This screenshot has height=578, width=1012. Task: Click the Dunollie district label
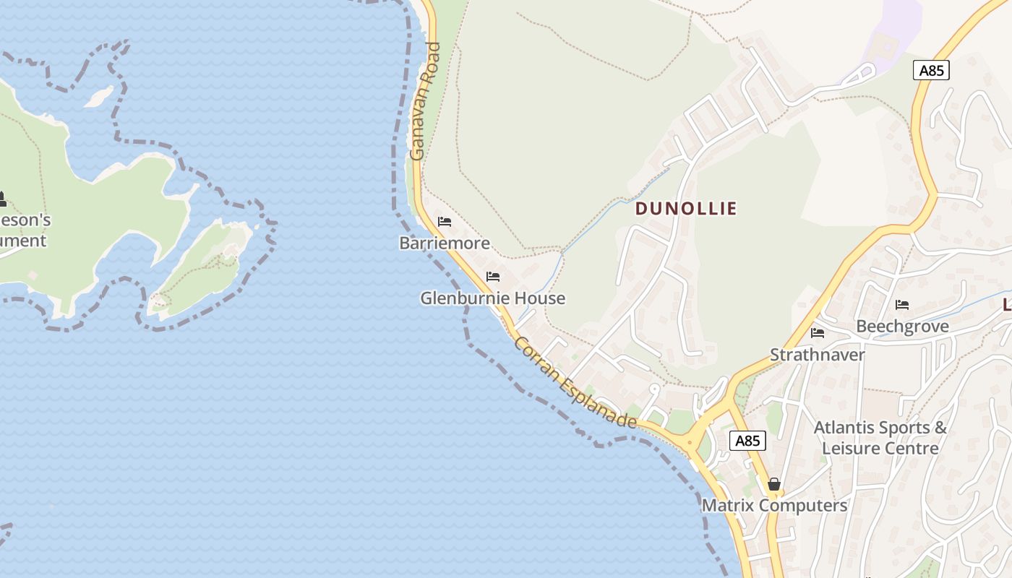pos(686,209)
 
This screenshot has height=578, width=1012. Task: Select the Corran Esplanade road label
pos(575,382)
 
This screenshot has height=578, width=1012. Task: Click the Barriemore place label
pos(445,243)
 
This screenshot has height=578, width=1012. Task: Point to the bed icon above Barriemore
pos(445,222)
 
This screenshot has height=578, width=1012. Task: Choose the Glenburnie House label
pos(493,298)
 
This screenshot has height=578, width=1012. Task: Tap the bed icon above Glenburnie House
pos(493,277)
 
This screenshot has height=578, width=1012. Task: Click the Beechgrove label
pos(902,326)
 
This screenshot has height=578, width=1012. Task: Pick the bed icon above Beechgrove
pos(902,305)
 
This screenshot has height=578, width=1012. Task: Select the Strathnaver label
pos(818,355)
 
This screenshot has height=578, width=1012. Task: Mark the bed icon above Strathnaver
pos(818,333)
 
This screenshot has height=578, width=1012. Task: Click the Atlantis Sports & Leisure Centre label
pos(880,437)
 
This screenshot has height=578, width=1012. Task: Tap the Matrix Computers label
pos(774,505)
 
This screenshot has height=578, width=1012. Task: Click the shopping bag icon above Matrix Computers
pos(774,484)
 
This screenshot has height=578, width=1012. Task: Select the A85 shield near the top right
pos(931,70)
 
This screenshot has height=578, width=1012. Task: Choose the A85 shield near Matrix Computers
pos(747,441)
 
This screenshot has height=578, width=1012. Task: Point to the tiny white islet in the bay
pos(99,96)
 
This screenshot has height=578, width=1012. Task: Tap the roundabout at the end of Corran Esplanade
pos(690,441)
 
